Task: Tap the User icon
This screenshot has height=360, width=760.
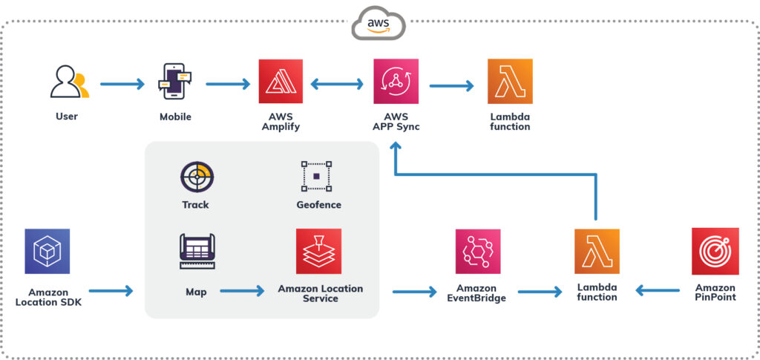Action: click(x=68, y=82)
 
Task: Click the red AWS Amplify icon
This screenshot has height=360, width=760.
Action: click(x=281, y=82)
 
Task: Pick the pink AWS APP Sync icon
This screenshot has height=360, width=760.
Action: click(x=396, y=82)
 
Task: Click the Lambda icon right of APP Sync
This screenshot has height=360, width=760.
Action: click(x=510, y=82)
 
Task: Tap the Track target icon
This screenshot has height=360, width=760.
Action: click(x=197, y=177)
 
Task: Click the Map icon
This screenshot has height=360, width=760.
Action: click(x=197, y=252)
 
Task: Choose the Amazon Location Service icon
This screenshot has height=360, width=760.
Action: click(x=318, y=252)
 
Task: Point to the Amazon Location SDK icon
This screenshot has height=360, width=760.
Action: click(x=47, y=252)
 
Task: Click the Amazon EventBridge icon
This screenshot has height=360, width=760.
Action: click(x=477, y=252)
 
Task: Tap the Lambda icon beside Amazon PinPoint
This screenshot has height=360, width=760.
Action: click(x=597, y=252)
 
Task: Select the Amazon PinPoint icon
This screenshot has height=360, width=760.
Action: click(x=715, y=252)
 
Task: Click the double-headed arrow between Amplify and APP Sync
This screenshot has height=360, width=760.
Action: click(x=338, y=85)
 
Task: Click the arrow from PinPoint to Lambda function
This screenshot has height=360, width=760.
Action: click(x=659, y=292)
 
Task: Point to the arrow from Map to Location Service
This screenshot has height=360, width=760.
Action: click(x=242, y=292)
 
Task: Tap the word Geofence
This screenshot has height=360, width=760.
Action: click(x=318, y=205)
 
